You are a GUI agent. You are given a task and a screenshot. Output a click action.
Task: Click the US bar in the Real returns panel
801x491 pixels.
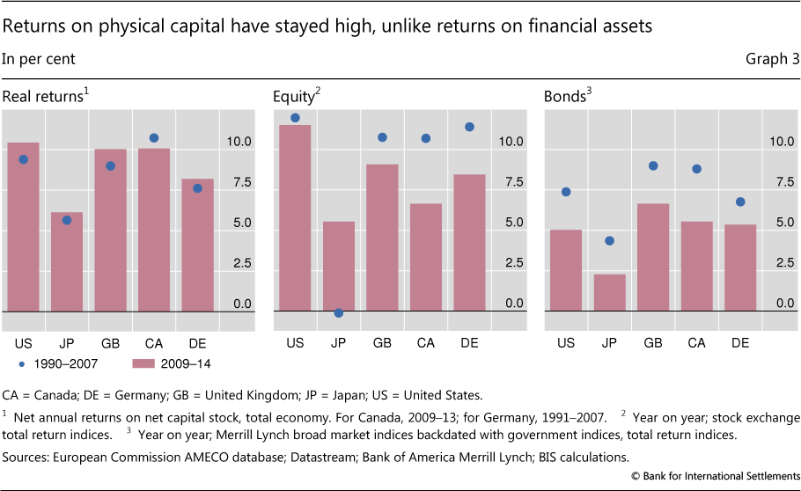point(23,227)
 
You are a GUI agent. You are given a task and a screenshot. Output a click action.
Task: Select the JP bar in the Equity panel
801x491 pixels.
point(339,267)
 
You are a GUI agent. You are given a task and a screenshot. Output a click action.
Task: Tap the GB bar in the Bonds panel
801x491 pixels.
point(653,258)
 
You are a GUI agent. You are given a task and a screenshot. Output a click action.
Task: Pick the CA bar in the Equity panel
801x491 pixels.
point(425,258)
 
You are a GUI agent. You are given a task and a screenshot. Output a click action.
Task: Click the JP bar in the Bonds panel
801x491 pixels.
point(609,293)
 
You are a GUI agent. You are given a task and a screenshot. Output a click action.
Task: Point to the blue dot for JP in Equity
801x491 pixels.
point(339,312)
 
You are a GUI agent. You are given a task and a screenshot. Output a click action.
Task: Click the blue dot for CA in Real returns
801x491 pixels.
point(154,138)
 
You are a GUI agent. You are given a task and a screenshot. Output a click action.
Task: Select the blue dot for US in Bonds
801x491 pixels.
point(566,192)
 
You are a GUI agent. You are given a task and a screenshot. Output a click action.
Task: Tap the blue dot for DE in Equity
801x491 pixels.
point(469,127)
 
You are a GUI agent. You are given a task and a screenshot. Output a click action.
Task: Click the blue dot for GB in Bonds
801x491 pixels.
point(653,165)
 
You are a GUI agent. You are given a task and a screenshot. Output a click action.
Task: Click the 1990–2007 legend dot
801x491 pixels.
point(21,363)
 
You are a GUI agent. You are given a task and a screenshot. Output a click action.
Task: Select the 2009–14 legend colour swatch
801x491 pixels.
point(147,363)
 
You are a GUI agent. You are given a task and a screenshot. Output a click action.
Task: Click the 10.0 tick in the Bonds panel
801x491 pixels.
point(782,141)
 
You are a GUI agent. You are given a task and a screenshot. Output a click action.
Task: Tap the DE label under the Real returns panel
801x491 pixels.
point(197,342)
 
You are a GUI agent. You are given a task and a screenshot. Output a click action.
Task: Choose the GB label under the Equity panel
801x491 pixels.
point(382,342)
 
